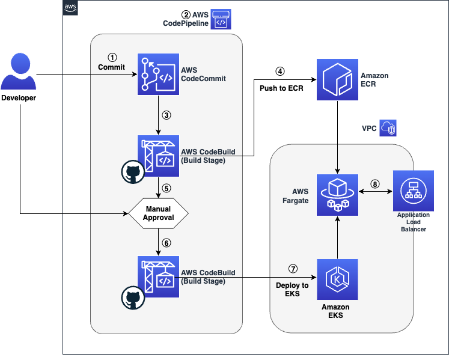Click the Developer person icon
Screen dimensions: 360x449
click(19, 71)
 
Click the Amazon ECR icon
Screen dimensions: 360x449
click(337, 79)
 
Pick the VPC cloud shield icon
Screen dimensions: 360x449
click(388, 129)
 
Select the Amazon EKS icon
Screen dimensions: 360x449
click(337, 279)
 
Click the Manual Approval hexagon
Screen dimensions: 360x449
click(159, 213)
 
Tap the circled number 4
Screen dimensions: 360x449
click(279, 70)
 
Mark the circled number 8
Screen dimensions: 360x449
click(374, 185)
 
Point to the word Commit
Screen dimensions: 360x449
click(111, 67)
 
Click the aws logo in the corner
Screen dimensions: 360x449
click(70, 7)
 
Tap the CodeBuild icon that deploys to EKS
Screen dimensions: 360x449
click(157, 276)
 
